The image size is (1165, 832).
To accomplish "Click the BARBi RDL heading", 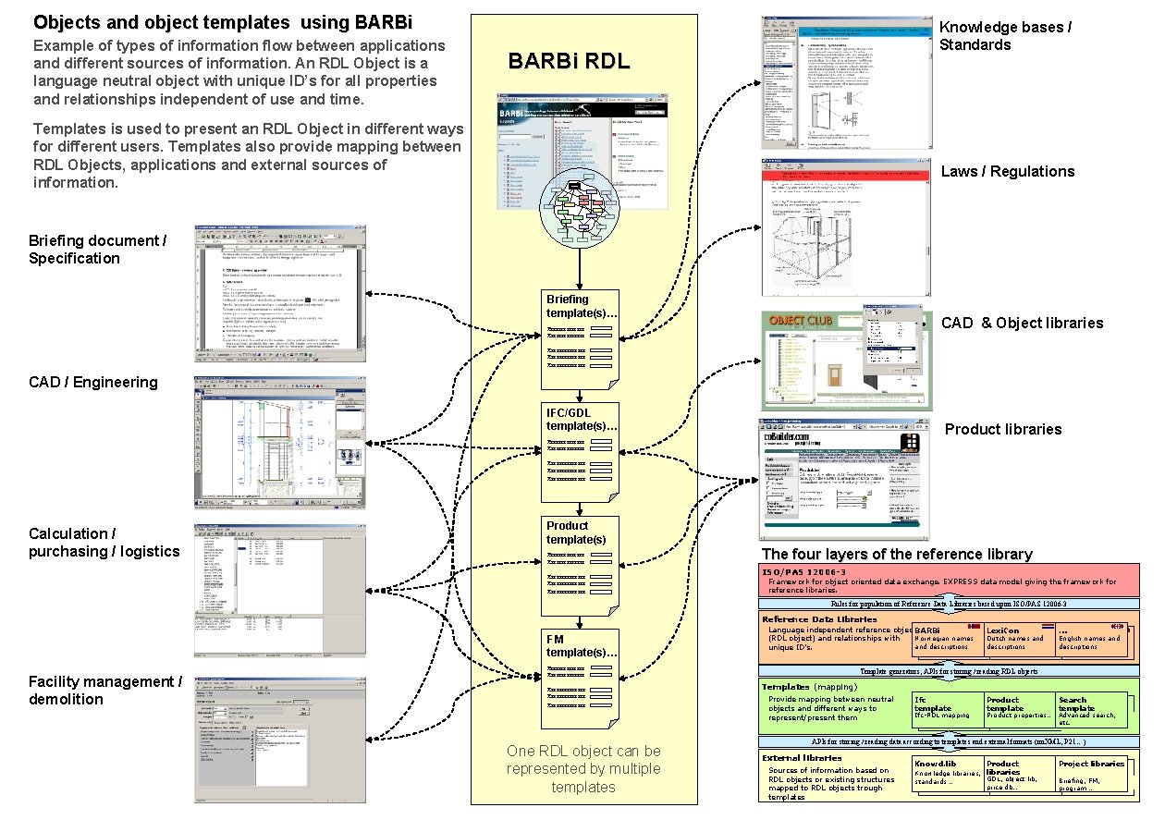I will pyautogui.click(x=569, y=62).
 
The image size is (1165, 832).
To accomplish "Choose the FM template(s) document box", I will pyautogui.click(x=580, y=679).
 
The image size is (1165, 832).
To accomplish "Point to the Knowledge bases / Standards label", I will pyautogui.click(x=1005, y=36).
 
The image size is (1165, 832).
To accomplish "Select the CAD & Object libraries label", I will pyautogui.click(x=1022, y=323).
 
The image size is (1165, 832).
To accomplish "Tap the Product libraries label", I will pyautogui.click(x=1002, y=429).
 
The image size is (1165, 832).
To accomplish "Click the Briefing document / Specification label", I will pyautogui.click(x=97, y=250).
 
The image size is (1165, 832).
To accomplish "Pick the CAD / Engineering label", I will pyautogui.click(x=92, y=382).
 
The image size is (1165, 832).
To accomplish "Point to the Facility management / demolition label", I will pyautogui.click(x=105, y=691).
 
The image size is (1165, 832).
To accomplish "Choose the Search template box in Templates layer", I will pyautogui.click(x=1090, y=709).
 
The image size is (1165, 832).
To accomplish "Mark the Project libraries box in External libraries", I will pyautogui.click(x=1091, y=772).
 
